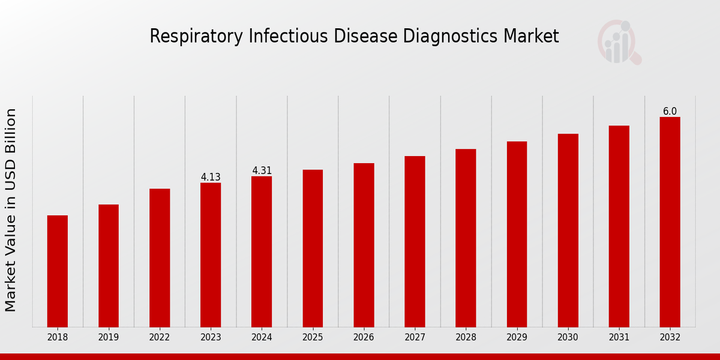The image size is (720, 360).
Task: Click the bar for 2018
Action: pos(58,271)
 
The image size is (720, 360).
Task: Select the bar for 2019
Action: pos(109,266)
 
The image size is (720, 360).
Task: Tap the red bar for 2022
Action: pos(160,258)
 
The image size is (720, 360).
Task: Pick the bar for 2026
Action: pos(364,245)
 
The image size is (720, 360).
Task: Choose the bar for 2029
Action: pos(517,234)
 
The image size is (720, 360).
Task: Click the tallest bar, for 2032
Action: pos(670,222)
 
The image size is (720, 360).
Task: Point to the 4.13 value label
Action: pos(211,177)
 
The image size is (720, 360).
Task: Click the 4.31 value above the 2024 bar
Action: pos(262,170)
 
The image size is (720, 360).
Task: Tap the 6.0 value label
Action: pos(670,112)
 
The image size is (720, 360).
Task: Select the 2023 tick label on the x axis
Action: pos(211,337)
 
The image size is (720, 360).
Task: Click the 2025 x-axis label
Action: pos(313,337)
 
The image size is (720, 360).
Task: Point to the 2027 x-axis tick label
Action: pos(415,337)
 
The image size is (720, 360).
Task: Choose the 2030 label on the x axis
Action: pos(568,337)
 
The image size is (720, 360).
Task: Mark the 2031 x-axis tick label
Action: pos(619,337)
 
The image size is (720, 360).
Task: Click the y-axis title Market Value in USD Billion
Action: pos(11,210)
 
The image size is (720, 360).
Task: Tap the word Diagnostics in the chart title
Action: pos(451,37)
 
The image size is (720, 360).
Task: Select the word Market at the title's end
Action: pos(531,37)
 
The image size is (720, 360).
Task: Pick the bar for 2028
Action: pos(466,238)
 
